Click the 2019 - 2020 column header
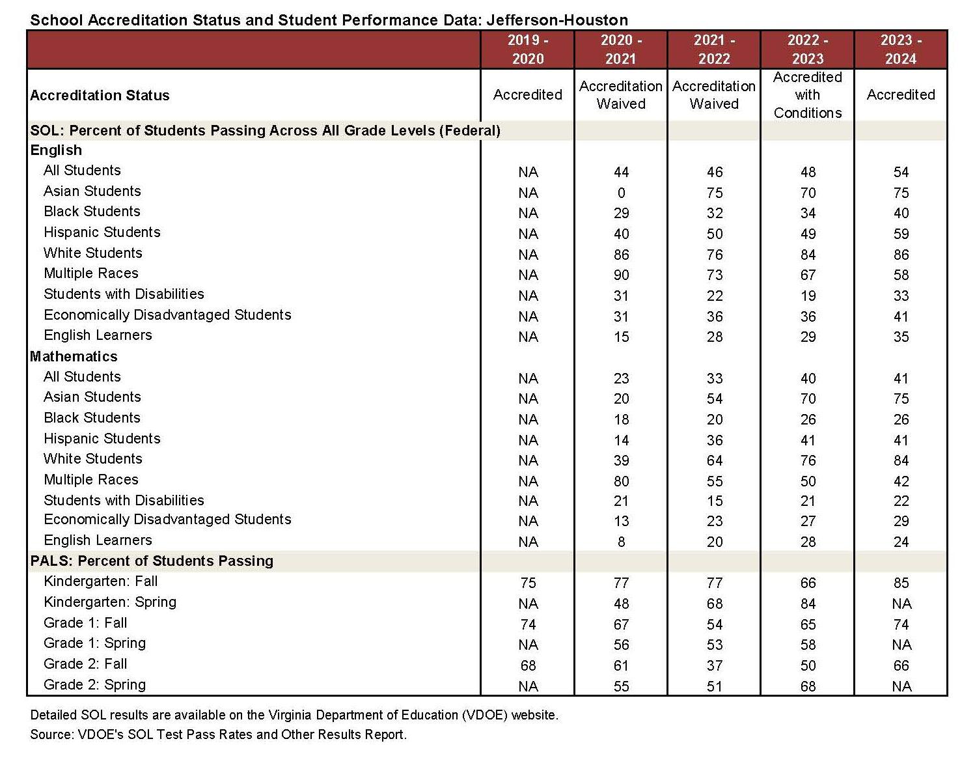coord(528,49)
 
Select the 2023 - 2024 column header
coord(901,49)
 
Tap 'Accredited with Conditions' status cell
coord(807,95)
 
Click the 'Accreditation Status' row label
coord(100,96)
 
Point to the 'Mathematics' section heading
coord(74,356)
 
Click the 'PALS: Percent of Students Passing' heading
coord(152,561)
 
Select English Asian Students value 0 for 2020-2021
coord(621,193)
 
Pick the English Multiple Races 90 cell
coord(621,275)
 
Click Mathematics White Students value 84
coord(901,460)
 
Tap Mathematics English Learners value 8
coord(621,542)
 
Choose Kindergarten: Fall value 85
coord(901,583)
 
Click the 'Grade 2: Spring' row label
coord(94,685)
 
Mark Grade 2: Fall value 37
coord(714,665)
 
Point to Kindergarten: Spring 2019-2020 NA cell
coord(528,604)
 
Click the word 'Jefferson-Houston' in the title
coord(557,20)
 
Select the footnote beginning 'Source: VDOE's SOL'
coord(218,734)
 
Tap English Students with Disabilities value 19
coord(808,296)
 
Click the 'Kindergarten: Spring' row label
coord(109,602)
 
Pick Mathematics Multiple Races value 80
coord(621,481)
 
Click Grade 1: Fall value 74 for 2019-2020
coord(528,624)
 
